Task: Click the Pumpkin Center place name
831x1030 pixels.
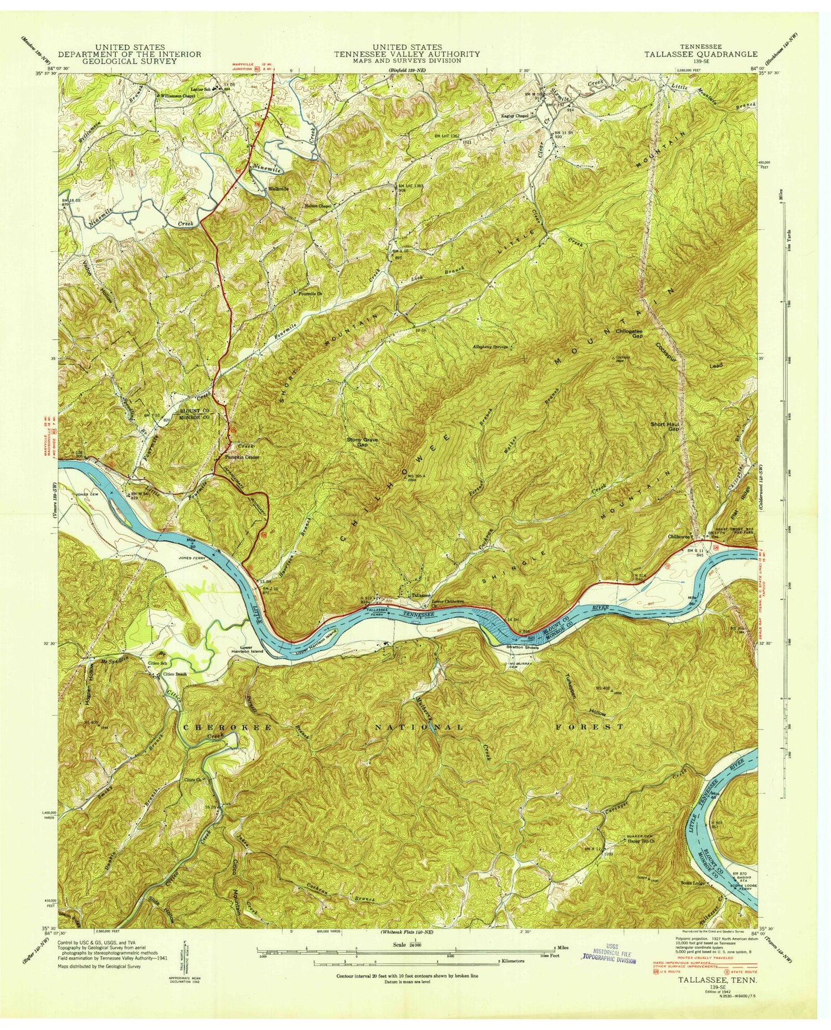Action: [242, 458]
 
